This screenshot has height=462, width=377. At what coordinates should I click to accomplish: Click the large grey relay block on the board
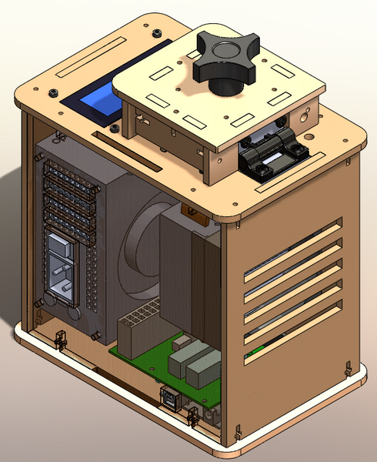click(x=202, y=363)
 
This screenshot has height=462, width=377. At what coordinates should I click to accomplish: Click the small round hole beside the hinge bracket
click(x=306, y=119)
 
